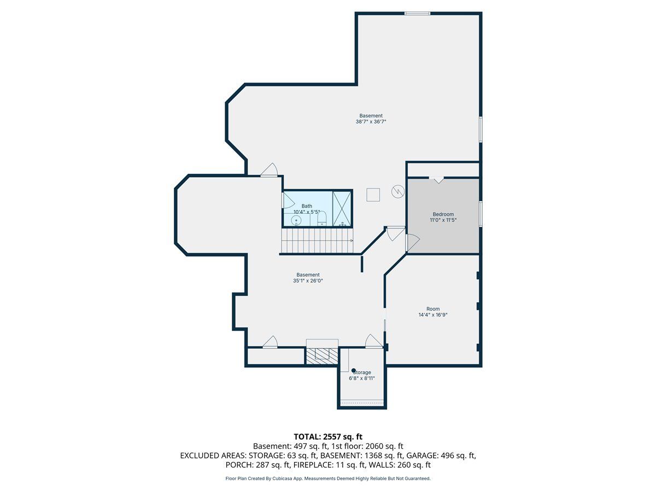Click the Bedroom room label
point(443,214)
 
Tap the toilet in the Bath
point(322,218)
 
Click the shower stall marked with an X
point(342,208)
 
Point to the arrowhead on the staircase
point(352,241)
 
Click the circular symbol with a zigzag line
point(398,191)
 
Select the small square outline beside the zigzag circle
point(373,195)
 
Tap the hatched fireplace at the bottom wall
point(322,355)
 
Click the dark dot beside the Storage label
point(354,371)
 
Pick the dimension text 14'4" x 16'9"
point(433,314)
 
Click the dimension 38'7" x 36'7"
point(371,121)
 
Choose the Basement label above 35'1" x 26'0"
point(308,274)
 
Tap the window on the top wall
point(417,13)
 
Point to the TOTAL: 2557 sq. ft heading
point(328,437)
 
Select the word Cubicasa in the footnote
point(282,478)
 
